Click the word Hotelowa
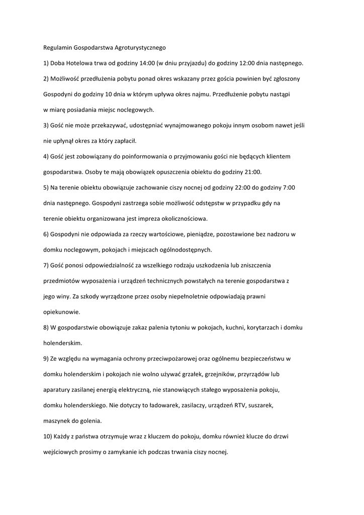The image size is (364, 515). coord(77,63)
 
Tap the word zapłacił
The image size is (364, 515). coord(125,141)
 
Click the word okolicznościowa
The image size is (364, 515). coord(176,219)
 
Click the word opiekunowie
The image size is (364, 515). coord(61,312)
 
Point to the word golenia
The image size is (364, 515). coord(88,421)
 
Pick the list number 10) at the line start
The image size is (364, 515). coord(48,437)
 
